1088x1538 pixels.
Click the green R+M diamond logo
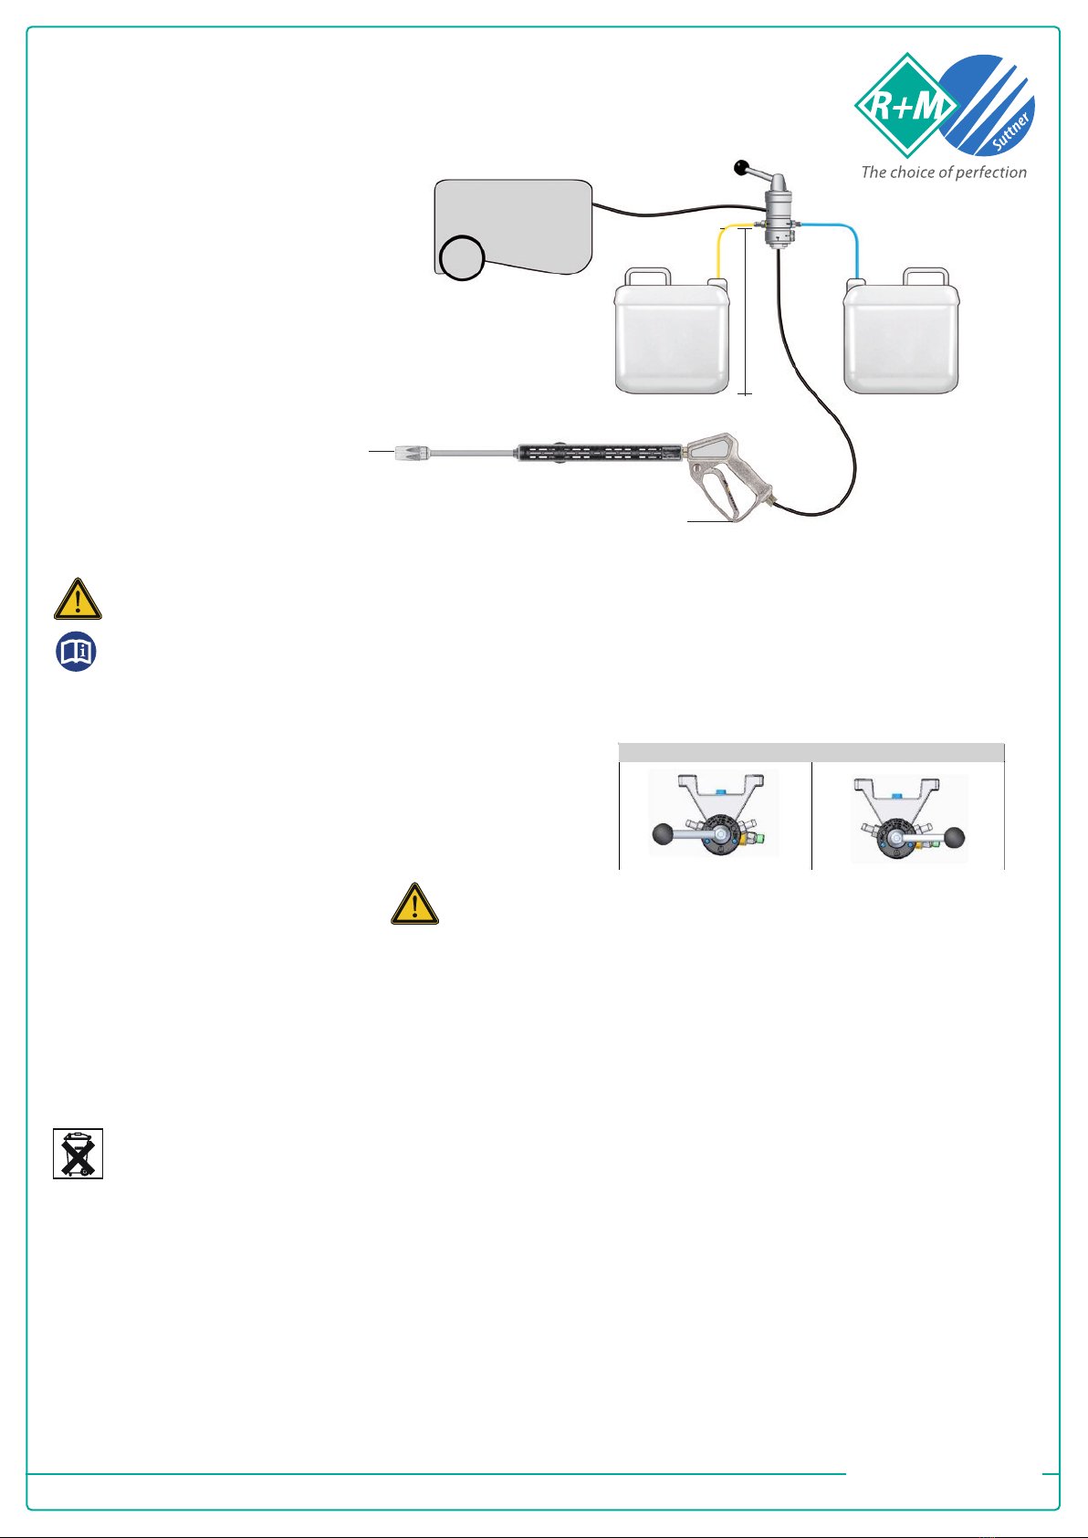click(x=906, y=105)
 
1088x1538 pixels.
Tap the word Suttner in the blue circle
click(x=1011, y=131)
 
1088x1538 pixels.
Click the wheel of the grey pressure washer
click(x=462, y=257)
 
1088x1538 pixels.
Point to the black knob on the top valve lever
click(x=741, y=167)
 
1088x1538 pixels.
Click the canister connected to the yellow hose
click(x=672, y=331)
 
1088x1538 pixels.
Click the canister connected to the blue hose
click(x=901, y=331)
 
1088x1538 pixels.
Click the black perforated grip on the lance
click(x=600, y=453)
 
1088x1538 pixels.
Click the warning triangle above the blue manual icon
click(x=78, y=600)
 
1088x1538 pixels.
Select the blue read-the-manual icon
click(x=76, y=652)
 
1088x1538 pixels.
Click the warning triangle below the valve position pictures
click(x=414, y=905)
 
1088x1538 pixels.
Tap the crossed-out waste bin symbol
click(x=78, y=1154)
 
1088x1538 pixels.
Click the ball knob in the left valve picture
click(x=663, y=834)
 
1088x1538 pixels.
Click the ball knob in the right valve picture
click(x=954, y=838)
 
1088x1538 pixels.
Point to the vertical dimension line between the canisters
click(x=745, y=311)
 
